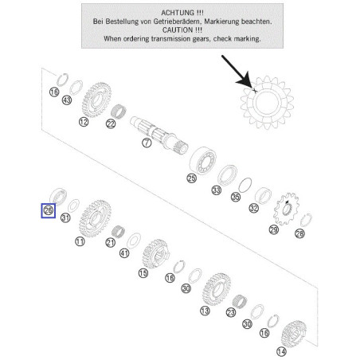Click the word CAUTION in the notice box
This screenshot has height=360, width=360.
point(178,30)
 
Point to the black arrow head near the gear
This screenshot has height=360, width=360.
point(245,81)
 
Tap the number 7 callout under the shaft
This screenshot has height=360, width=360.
point(147,143)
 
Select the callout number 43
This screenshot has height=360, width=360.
point(67,100)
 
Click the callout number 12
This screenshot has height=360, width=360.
point(84,122)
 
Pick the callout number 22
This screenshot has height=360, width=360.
point(111,123)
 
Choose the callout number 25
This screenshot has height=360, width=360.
point(192,178)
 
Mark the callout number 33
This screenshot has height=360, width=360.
point(217,190)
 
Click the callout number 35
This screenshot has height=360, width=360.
point(236,197)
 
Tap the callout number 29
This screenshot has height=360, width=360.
point(274,229)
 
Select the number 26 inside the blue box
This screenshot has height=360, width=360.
point(49,210)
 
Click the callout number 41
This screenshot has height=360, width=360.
point(124,253)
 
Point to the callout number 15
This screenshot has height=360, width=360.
point(143,273)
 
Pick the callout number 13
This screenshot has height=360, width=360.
point(205,311)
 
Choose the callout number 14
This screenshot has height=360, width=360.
point(281,352)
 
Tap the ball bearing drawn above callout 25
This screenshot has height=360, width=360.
point(203,160)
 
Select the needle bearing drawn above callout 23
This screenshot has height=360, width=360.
point(240,302)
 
